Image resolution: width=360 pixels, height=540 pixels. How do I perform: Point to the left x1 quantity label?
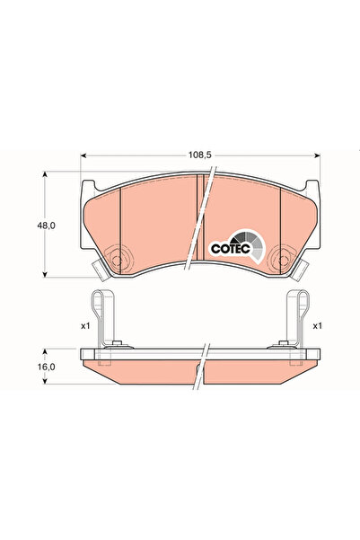(85, 325)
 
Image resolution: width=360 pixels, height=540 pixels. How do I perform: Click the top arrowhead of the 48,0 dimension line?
(45, 176)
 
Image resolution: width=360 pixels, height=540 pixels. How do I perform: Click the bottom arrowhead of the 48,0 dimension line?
(45, 274)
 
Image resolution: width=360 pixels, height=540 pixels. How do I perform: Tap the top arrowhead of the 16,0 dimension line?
(45, 352)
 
